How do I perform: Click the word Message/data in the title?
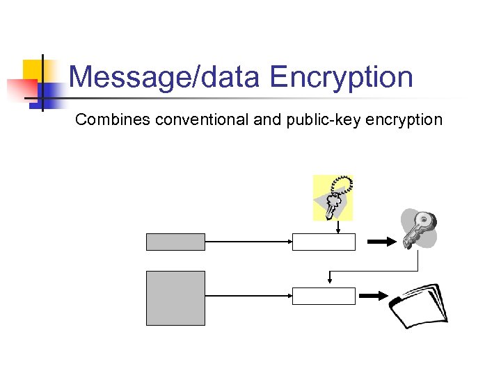[164, 77]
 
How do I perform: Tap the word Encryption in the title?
[342, 77]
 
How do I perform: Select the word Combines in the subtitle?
[113, 119]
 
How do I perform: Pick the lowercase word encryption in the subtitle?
[401, 119]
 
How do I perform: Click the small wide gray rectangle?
[175, 242]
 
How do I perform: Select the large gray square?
[175, 298]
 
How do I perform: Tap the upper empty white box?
[324, 242]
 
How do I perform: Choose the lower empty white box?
[324, 296]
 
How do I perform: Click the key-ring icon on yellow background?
[333, 197]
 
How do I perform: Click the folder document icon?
[418, 305]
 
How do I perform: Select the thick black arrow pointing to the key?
[381, 242]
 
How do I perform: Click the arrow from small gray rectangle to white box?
[248, 242]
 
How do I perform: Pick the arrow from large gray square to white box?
[248, 296]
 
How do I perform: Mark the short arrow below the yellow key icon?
[337, 227]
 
